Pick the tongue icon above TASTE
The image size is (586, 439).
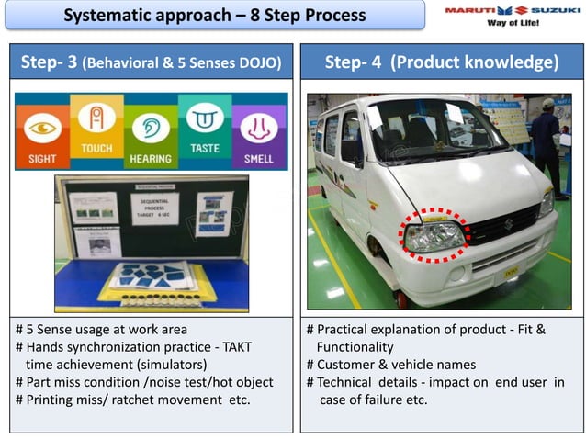tap(205, 118)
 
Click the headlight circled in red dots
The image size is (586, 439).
tap(435, 236)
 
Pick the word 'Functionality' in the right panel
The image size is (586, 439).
tap(355, 346)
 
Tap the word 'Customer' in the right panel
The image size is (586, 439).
tap(345, 364)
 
